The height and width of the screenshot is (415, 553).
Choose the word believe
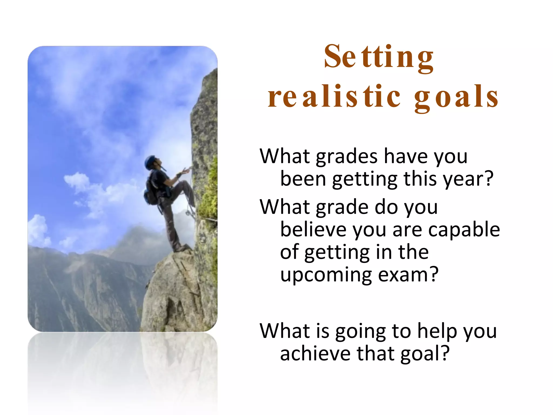313,229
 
